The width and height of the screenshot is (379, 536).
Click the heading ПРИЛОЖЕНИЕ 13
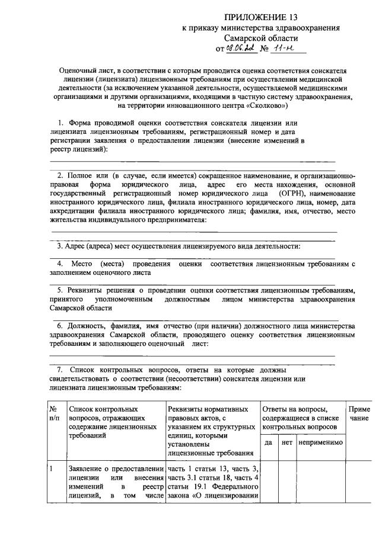coord(261,17)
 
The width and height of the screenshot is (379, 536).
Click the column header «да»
coord(268,442)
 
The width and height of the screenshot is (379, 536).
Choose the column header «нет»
coord(287,442)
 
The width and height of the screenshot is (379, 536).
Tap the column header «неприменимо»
coord(320,442)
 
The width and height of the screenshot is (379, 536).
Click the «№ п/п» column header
coord(53,413)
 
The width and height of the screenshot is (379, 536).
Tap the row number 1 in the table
coord(52,470)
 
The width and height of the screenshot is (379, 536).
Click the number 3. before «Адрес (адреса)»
coord(60,246)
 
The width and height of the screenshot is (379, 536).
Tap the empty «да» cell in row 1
coord(268,483)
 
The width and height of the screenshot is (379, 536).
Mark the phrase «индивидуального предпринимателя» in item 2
coord(145,220)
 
